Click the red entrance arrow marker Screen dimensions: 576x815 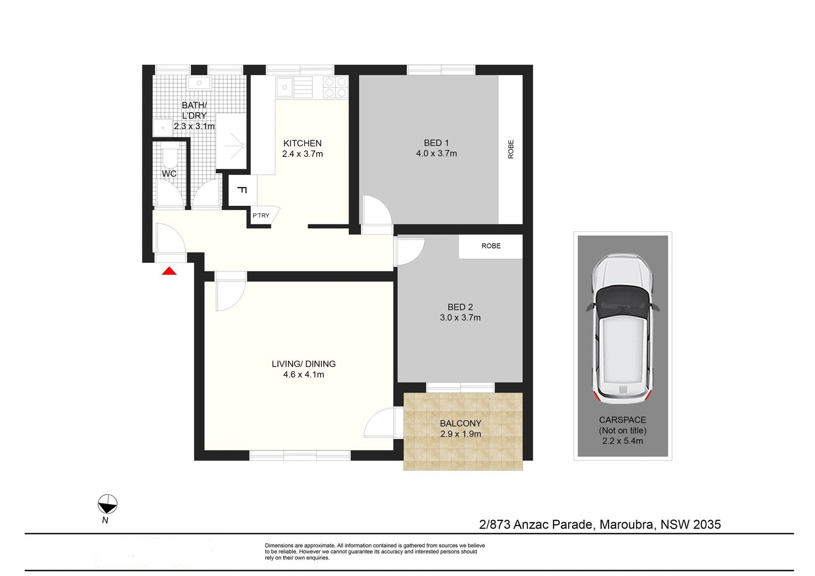[169, 271]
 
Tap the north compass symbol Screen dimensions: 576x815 [107, 504]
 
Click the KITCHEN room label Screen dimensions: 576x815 [302, 143]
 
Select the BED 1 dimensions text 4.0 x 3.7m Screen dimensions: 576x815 [436, 154]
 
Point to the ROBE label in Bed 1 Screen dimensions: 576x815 [510, 149]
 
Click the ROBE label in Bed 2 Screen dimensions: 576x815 [491, 246]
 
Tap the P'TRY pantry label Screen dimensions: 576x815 [261, 215]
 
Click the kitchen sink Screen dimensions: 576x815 [286, 86]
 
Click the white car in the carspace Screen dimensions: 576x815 [622, 331]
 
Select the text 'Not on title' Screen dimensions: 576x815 [622, 430]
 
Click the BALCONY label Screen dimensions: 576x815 [460, 423]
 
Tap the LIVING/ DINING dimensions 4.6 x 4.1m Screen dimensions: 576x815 [303, 374]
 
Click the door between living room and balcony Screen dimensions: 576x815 [383, 422]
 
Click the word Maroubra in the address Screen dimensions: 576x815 [627, 524]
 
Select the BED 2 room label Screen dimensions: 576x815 [460, 307]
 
